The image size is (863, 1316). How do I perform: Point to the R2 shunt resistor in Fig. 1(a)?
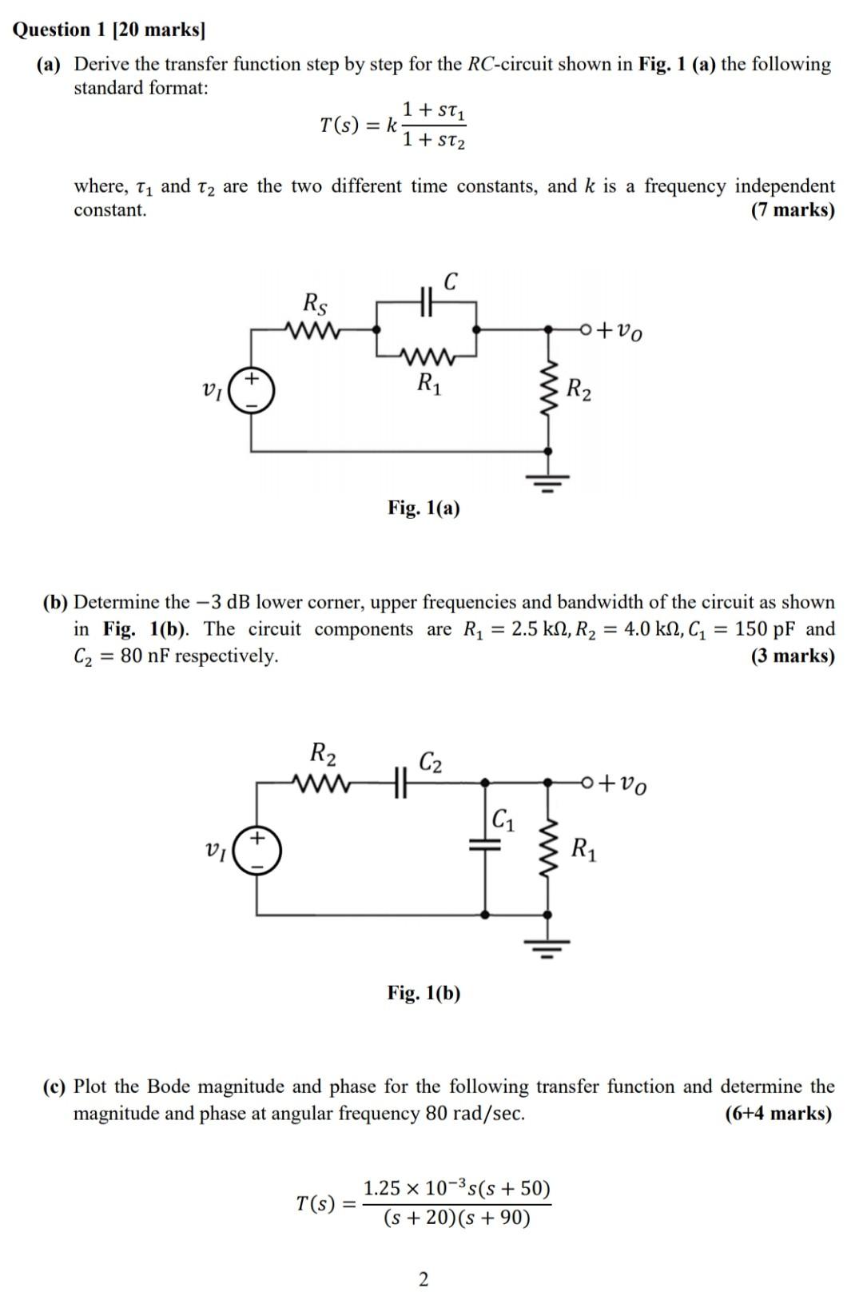(x=548, y=389)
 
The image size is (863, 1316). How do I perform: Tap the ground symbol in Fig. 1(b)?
(x=548, y=949)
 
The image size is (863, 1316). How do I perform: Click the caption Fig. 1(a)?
(x=424, y=508)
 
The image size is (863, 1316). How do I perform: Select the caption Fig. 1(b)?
(x=424, y=993)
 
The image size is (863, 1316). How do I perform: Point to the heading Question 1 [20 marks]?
(x=109, y=30)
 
